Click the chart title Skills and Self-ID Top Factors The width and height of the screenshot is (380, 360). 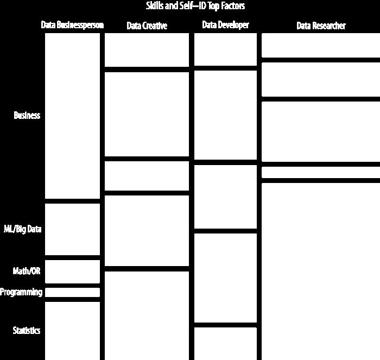195,6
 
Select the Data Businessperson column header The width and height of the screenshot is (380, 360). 72,25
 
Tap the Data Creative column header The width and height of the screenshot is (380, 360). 147,26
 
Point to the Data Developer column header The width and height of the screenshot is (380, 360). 225,25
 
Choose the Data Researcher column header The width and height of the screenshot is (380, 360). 321,26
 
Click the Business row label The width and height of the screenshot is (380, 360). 27,116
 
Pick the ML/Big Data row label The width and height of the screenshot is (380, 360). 23,229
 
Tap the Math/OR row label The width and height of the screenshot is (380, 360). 27,271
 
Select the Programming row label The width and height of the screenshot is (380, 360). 21,292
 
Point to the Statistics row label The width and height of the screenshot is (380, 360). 27,331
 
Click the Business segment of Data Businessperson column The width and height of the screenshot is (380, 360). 72,116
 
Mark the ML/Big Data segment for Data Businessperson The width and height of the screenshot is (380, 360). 72,229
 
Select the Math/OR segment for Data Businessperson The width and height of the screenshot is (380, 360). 72,271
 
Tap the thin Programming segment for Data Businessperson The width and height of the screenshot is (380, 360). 72,292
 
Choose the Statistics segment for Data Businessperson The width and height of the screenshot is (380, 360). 72,331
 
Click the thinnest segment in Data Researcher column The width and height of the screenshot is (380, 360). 321,172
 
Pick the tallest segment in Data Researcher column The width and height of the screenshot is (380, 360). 321,271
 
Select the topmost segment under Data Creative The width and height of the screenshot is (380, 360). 147,50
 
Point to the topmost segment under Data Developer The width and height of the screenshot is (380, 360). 225,49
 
